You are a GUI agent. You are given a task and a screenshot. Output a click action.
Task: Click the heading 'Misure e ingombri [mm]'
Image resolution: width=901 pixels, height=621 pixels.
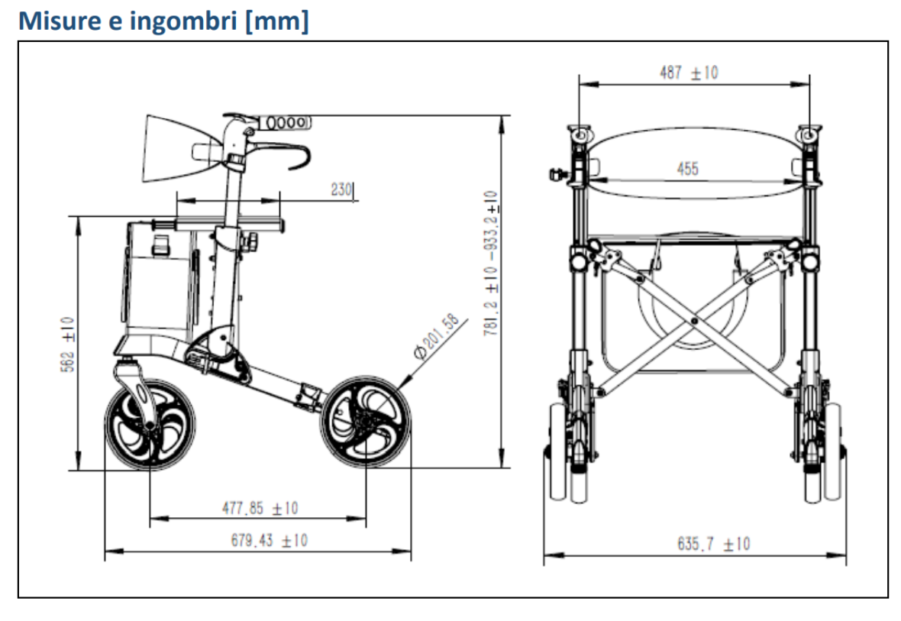coord(163,21)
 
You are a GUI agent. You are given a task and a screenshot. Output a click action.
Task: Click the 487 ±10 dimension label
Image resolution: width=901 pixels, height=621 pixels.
coord(688,73)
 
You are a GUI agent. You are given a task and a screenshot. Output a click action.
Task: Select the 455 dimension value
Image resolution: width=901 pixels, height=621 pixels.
coord(688,169)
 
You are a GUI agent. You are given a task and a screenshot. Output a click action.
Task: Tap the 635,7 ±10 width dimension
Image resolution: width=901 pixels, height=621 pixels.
coord(713,544)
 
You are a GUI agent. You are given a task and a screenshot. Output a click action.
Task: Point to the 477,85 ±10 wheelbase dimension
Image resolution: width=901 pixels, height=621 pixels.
coord(260,508)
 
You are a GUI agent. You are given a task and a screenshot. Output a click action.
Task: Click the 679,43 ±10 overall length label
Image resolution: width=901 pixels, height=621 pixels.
coord(269,540)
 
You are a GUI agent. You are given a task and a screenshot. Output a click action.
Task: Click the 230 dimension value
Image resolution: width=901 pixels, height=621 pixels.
coord(341,189)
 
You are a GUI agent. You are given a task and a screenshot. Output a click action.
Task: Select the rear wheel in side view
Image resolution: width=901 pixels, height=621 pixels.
coord(366,419)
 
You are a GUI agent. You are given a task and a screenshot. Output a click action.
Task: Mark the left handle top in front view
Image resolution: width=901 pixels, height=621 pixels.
coord(579,134)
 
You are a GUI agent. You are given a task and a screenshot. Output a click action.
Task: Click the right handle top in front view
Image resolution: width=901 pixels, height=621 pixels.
coord(809,134)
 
